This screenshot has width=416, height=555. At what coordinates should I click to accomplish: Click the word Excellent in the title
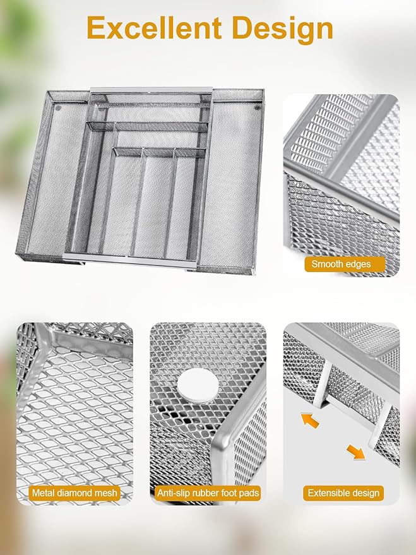click(154, 28)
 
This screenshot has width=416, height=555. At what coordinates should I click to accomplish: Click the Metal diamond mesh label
click(74, 492)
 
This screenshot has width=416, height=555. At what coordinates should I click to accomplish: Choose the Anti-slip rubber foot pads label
click(208, 492)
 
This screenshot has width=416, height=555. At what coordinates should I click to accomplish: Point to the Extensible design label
click(343, 492)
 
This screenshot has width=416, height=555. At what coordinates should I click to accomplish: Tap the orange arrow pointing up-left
click(310, 421)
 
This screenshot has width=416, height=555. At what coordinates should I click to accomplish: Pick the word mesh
click(105, 492)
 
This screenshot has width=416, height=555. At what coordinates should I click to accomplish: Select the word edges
click(359, 264)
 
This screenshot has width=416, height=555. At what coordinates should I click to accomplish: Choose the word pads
click(250, 492)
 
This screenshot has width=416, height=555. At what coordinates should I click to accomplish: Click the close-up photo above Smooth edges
click(341, 177)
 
